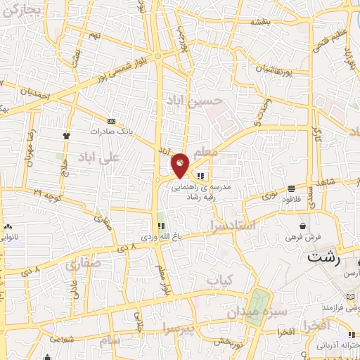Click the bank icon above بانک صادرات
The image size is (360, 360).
coord(111,121)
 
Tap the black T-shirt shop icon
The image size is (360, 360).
coord(66,136)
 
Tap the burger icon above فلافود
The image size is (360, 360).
coord(290,188)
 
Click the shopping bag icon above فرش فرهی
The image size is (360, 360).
coord(302,226)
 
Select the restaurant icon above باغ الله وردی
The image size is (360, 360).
coord(160,226)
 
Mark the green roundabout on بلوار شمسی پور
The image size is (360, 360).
coord(160,56)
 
